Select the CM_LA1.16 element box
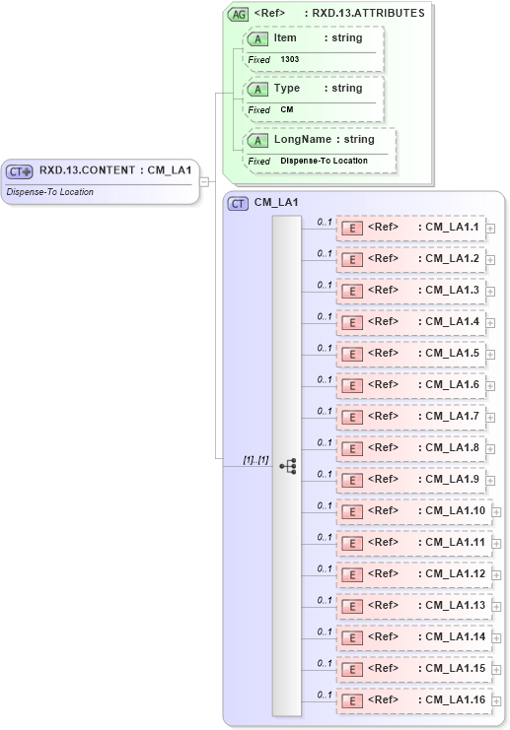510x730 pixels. pyautogui.click(x=413, y=700)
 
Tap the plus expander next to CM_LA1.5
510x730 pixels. pyautogui.click(x=490, y=355)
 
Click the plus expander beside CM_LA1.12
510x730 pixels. pyautogui.click(x=497, y=575)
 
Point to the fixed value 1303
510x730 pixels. pyautogui.click(x=290, y=59)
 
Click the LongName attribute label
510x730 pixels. pyautogui.click(x=302, y=140)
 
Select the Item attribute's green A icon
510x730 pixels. pyautogui.click(x=257, y=38)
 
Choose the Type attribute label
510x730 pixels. pyautogui.click(x=286, y=89)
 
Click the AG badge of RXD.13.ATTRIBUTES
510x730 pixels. pyautogui.click(x=238, y=14)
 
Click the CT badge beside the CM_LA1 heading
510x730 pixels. pyautogui.click(x=238, y=203)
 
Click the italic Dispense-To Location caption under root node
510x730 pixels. pyautogui.click(x=50, y=191)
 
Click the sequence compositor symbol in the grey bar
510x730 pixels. pyautogui.click(x=287, y=466)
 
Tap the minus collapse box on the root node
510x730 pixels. pyautogui.click(x=204, y=181)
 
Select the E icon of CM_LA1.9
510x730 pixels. pyautogui.click(x=351, y=480)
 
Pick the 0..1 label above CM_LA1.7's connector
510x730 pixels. pyautogui.click(x=324, y=411)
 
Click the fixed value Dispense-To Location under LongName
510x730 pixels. pyautogui.click(x=324, y=160)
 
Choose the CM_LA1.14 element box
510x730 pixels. pyautogui.click(x=413, y=637)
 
